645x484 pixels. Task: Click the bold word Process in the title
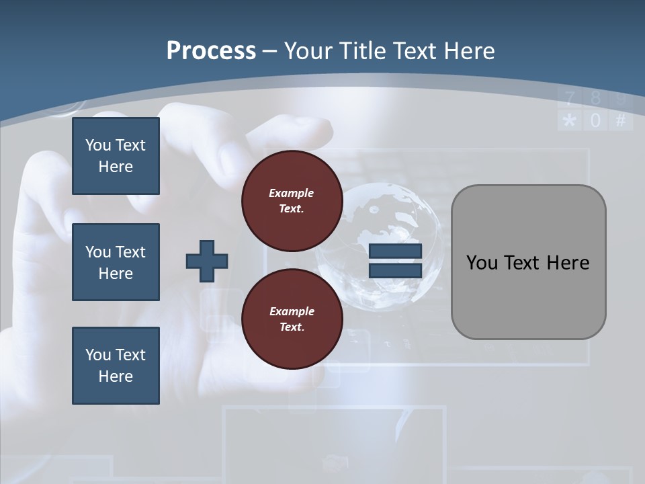point(211,50)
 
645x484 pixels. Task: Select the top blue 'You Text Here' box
point(116,156)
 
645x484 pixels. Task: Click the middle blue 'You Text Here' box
point(116,262)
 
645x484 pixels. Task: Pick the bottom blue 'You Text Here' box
point(116,366)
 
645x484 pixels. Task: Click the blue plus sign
point(207,261)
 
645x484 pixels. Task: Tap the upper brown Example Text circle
point(292,201)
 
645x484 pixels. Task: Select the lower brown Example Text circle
point(292,319)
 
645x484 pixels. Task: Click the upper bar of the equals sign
point(395,251)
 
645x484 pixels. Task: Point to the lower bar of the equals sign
point(395,270)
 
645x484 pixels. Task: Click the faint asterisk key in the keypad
point(570,121)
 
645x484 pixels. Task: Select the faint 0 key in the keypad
point(595,121)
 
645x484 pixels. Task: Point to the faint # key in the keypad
point(621,121)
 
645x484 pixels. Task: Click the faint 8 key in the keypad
point(595,99)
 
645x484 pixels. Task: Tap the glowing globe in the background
point(380,245)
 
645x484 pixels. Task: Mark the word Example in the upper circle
point(292,193)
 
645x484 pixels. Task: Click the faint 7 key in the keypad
point(570,99)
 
